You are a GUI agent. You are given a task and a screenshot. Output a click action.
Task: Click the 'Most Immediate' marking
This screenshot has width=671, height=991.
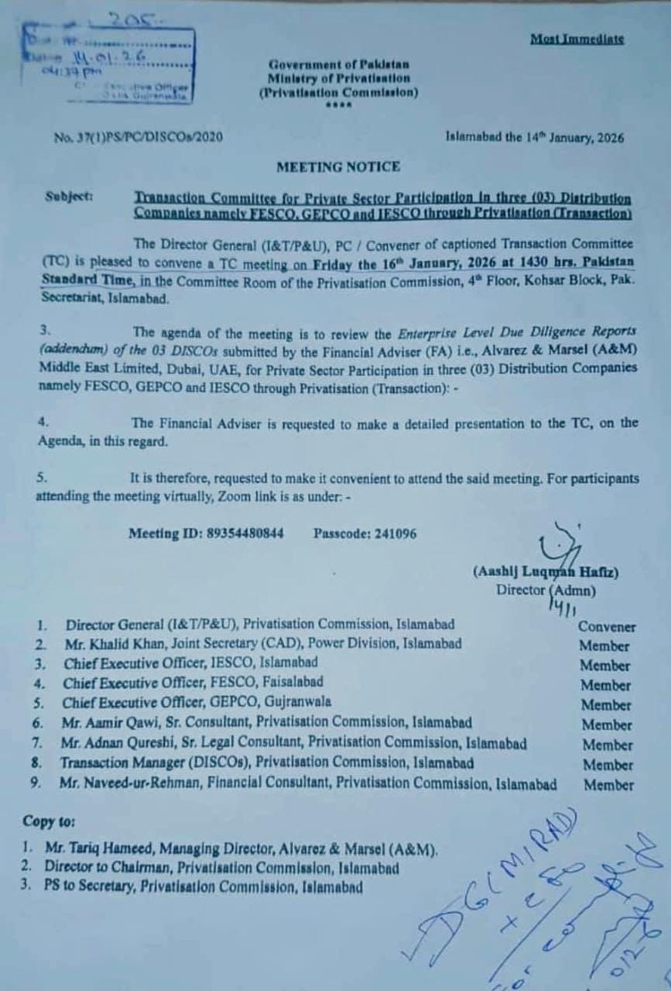coord(577,39)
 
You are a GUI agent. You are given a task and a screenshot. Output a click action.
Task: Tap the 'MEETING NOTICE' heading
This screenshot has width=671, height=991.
coord(338,166)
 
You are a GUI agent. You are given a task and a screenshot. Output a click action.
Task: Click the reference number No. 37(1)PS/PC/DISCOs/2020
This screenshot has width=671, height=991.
coord(139,138)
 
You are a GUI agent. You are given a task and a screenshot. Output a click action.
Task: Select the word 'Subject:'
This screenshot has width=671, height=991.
coord(69,197)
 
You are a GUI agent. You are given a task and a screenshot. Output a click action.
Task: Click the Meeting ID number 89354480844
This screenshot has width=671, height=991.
coord(245,533)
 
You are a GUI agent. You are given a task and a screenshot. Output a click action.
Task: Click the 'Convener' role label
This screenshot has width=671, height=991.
coord(606,627)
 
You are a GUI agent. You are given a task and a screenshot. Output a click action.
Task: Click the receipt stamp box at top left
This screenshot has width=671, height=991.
coord(109,66)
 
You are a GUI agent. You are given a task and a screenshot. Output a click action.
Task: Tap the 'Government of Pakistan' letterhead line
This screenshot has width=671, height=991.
coord(339,65)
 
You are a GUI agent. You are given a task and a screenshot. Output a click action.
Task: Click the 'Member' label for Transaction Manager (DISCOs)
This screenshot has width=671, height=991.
coord(608,765)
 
